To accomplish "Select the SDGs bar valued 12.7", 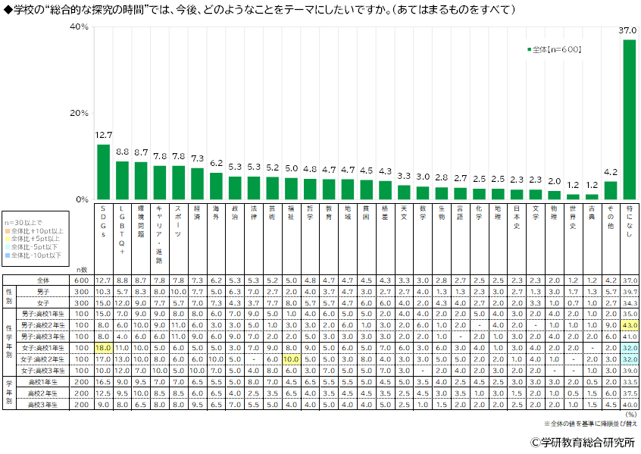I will (103, 172).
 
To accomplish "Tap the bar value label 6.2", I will (216, 163).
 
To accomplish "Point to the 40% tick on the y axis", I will (80, 27).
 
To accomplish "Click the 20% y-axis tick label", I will (80, 113).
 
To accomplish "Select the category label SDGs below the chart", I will (103, 221).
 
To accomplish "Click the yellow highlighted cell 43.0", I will (629, 324).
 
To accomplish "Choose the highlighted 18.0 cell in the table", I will (103, 347).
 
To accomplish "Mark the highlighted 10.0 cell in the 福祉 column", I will (291, 359).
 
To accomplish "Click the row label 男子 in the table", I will (44, 291).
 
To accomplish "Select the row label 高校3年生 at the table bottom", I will (44, 404).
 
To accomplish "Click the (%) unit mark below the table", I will (630, 415).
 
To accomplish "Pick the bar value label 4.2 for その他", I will (611, 172).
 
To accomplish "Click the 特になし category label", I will (629, 219).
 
